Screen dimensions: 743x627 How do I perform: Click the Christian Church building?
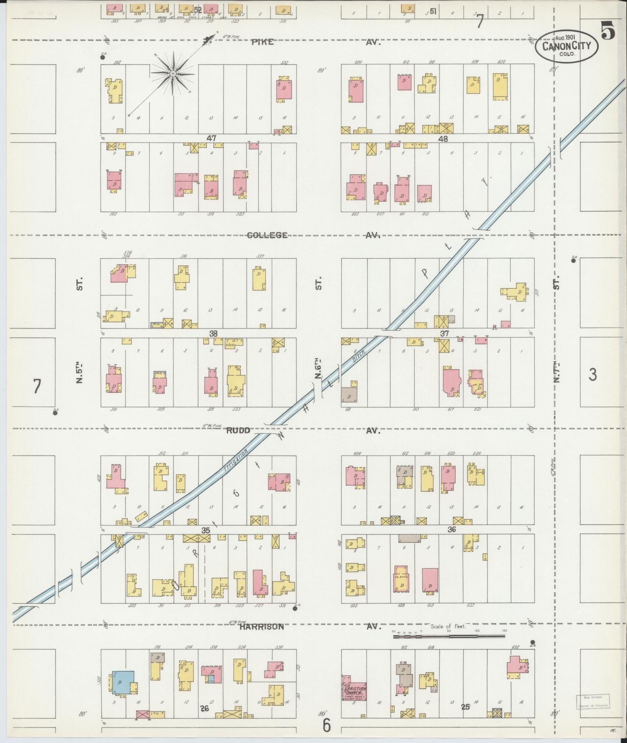[354, 693]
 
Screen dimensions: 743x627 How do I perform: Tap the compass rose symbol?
[172, 73]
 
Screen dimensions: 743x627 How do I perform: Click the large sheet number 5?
[608, 31]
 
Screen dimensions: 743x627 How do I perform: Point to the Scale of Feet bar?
[449, 636]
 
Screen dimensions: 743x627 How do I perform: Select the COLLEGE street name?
[267, 235]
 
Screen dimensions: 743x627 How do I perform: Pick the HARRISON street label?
[261, 626]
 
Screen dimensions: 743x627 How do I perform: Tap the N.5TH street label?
[80, 372]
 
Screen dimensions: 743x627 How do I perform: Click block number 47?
[211, 138]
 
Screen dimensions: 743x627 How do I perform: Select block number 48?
[443, 139]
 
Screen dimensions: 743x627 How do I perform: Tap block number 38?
[213, 333]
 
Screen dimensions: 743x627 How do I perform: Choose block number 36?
[451, 529]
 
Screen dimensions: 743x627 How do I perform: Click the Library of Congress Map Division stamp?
[593, 701]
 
